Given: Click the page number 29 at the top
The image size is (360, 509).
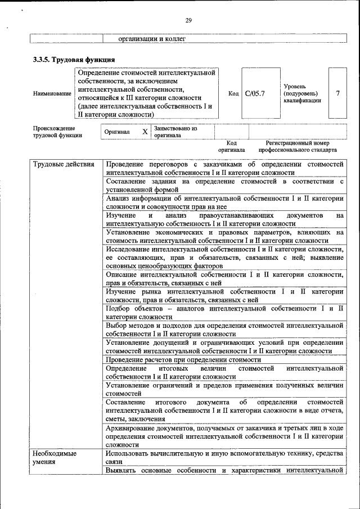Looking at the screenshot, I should (188, 21).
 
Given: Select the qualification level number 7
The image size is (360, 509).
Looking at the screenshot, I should (337, 93).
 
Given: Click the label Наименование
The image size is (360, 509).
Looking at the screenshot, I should (52, 94).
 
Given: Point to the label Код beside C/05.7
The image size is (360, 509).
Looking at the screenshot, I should (233, 93).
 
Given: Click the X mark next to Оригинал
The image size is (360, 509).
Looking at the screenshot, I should (145, 132).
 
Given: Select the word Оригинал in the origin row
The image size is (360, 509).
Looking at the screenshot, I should (117, 132).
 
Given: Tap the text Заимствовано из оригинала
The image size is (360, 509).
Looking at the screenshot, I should (175, 132).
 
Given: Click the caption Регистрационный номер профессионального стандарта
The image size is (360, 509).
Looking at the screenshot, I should (298, 147).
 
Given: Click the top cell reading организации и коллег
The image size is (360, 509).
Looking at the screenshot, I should (151, 39).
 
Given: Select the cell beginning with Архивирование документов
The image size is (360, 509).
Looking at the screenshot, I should (224, 436).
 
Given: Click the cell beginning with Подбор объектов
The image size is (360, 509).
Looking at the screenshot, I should (224, 313).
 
